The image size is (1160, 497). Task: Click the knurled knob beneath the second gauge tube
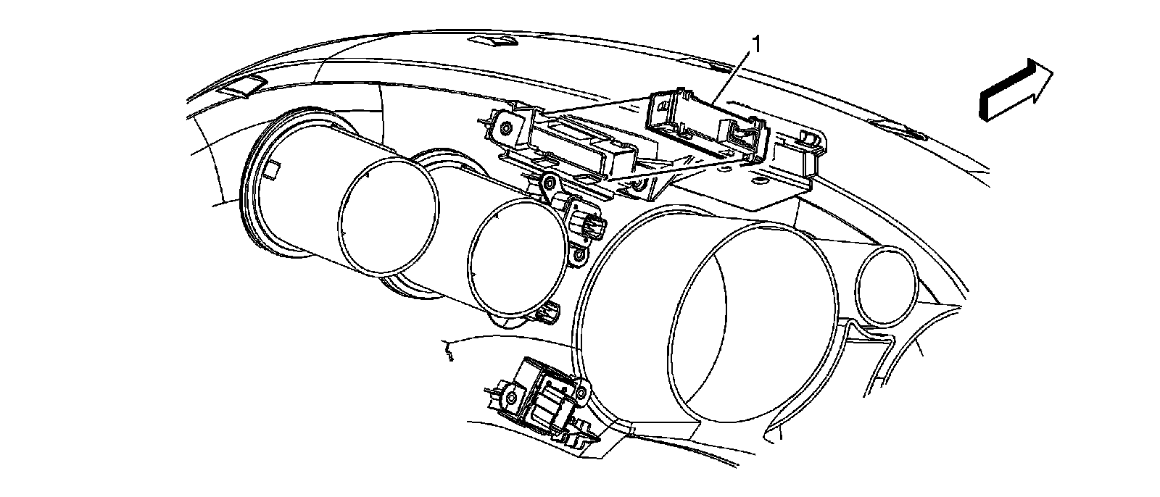pyautogui.click(x=549, y=313)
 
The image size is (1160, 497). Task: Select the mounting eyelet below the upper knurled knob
pyautogui.click(x=578, y=255)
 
